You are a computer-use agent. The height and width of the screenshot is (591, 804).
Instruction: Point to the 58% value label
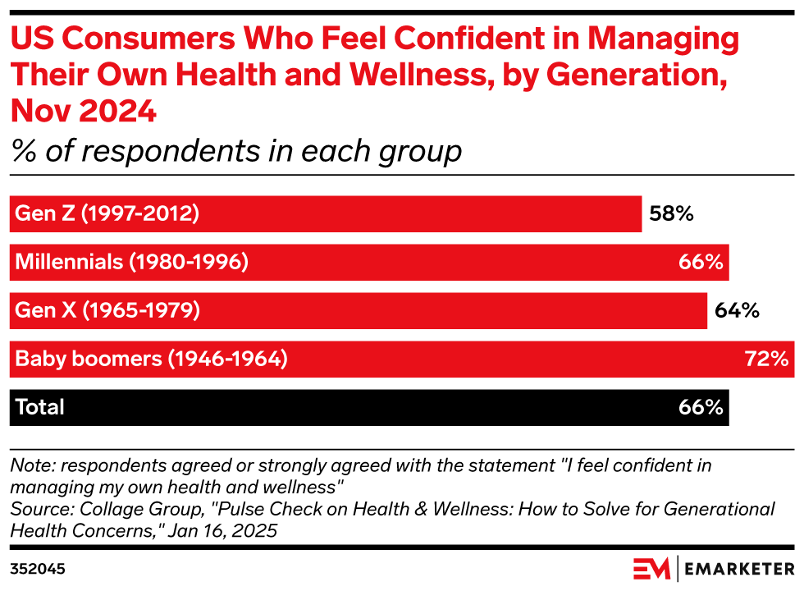(672, 214)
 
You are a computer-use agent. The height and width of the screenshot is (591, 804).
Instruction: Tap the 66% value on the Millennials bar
(700, 263)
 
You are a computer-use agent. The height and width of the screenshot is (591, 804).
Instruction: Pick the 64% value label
(737, 311)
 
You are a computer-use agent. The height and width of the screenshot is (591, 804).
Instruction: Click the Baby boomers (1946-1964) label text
(151, 359)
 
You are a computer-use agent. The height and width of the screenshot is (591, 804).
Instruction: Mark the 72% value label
(766, 359)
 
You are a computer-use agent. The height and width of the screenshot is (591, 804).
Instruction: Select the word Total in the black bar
(39, 407)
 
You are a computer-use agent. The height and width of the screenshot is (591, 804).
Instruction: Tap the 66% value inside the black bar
(700, 407)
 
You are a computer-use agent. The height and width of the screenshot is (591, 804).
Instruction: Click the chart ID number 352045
(38, 568)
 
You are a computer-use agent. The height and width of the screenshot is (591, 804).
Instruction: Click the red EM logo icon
(651, 568)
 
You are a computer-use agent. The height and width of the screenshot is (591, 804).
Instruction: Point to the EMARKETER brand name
(739, 568)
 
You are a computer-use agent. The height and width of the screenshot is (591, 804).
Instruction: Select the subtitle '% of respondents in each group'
(235, 151)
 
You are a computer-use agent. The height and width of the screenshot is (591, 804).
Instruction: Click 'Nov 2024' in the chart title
(83, 111)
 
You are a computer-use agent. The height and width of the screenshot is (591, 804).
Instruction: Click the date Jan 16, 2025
(222, 531)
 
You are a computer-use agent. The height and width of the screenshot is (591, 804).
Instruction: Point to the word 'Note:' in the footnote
(30, 465)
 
